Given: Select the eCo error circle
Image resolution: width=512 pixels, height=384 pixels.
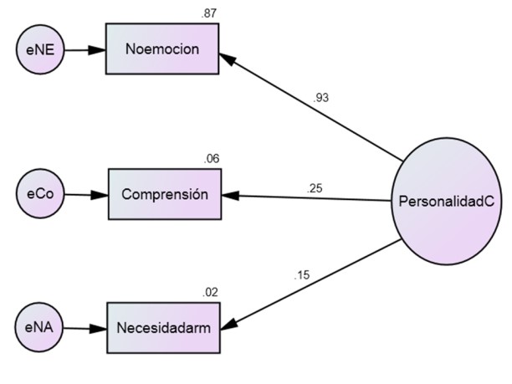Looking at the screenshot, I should [x=39, y=194].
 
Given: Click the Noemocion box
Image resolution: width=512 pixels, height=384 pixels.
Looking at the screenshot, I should [x=161, y=49].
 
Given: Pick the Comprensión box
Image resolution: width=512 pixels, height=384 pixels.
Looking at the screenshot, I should [x=164, y=194].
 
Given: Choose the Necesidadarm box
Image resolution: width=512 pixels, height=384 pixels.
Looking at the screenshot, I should [x=164, y=327].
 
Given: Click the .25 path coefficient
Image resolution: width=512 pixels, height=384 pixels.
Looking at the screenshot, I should [x=315, y=188].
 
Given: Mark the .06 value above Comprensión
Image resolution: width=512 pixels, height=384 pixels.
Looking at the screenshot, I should [x=211, y=159].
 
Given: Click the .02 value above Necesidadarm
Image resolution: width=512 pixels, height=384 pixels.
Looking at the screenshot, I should [x=211, y=292].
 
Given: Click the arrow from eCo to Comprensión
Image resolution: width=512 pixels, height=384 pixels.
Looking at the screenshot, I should [x=85, y=195].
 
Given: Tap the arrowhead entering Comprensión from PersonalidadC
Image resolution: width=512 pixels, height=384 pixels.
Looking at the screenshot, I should [x=229, y=196].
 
